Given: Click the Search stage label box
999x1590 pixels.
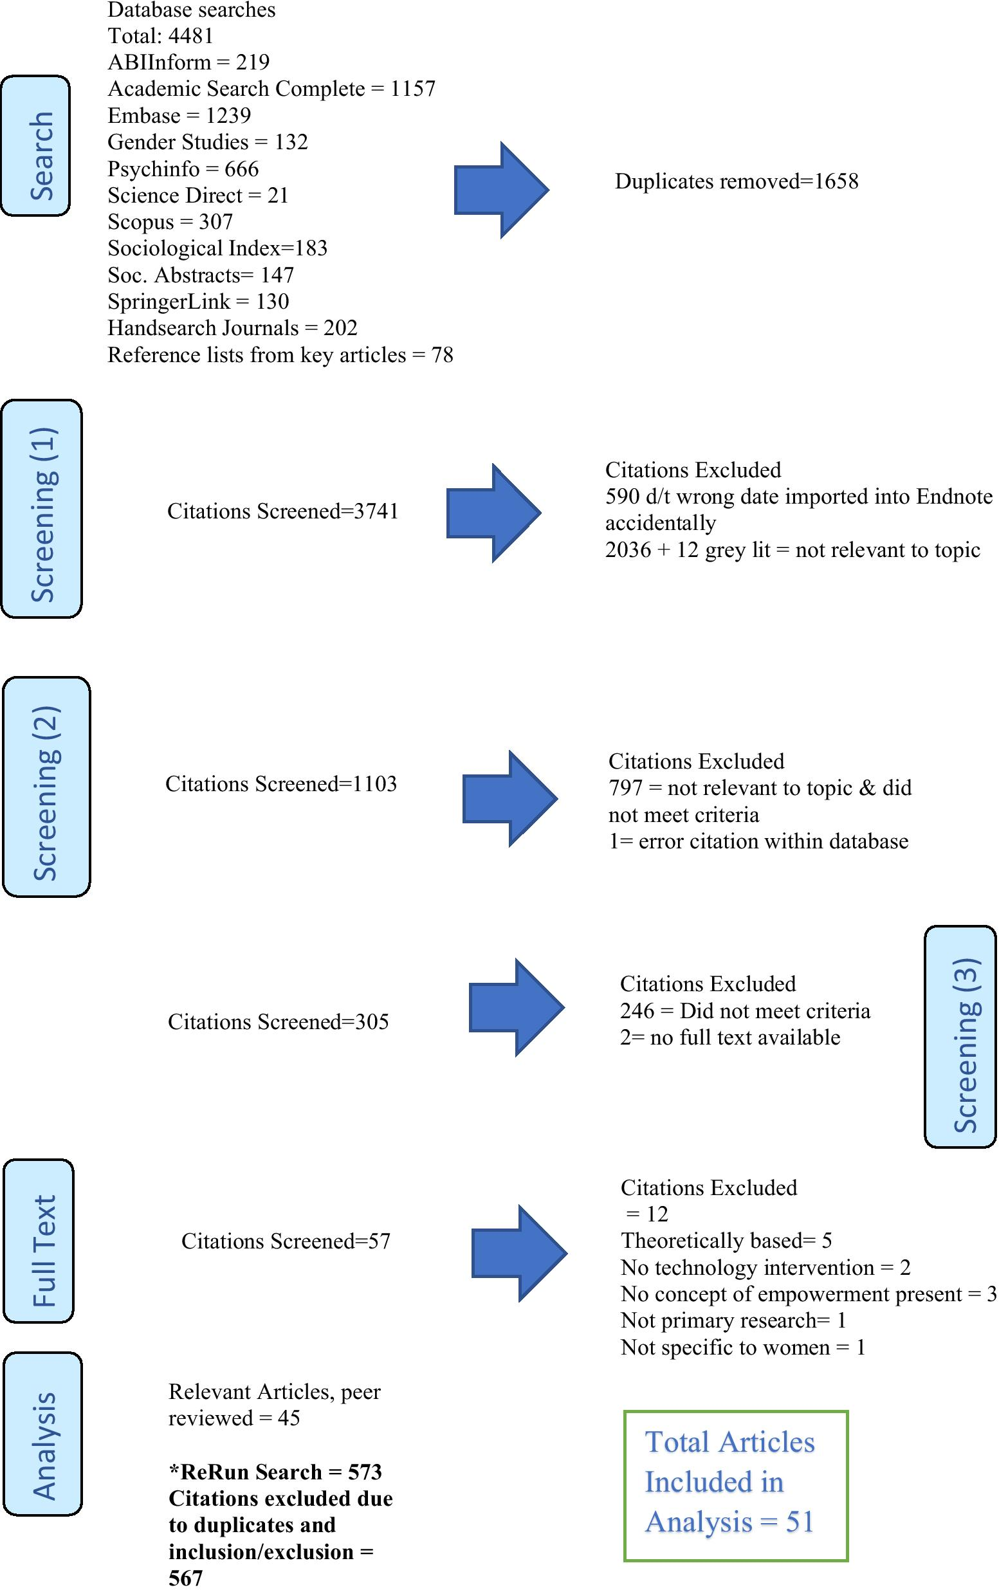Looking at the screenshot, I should click(x=35, y=146).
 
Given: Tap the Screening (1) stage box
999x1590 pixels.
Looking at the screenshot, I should click(x=42, y=508).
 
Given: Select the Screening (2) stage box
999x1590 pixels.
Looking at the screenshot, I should click(x=46, y=787).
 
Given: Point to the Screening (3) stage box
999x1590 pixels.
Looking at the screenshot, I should click(x=960, y=1036).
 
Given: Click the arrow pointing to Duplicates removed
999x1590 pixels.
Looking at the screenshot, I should click(x=501, y=190).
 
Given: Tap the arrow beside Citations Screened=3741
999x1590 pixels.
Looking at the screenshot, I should click(x=493, y=513).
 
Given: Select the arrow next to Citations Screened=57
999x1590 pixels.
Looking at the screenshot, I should click(x=519, y=1252).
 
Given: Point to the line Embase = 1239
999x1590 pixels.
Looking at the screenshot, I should click(x=179, y=116).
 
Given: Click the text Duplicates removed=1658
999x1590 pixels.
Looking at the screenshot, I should click(x=736, y=181).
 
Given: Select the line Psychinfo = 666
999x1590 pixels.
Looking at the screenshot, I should click(x=183, y=169).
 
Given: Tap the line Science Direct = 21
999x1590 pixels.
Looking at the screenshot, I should click(x=198, y=196).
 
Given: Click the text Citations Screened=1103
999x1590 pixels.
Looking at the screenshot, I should click(x=280, y=784).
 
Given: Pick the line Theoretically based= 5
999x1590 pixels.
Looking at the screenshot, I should click(x=726, y=1241).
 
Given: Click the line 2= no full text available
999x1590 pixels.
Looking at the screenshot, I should click(x=729, y=1037).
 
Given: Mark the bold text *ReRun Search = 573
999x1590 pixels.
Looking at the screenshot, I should click(x=275, y=1472).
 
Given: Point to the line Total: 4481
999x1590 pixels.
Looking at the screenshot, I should click(x=160, y=35).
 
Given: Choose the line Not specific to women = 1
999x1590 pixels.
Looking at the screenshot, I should click(x=743, y=1347).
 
